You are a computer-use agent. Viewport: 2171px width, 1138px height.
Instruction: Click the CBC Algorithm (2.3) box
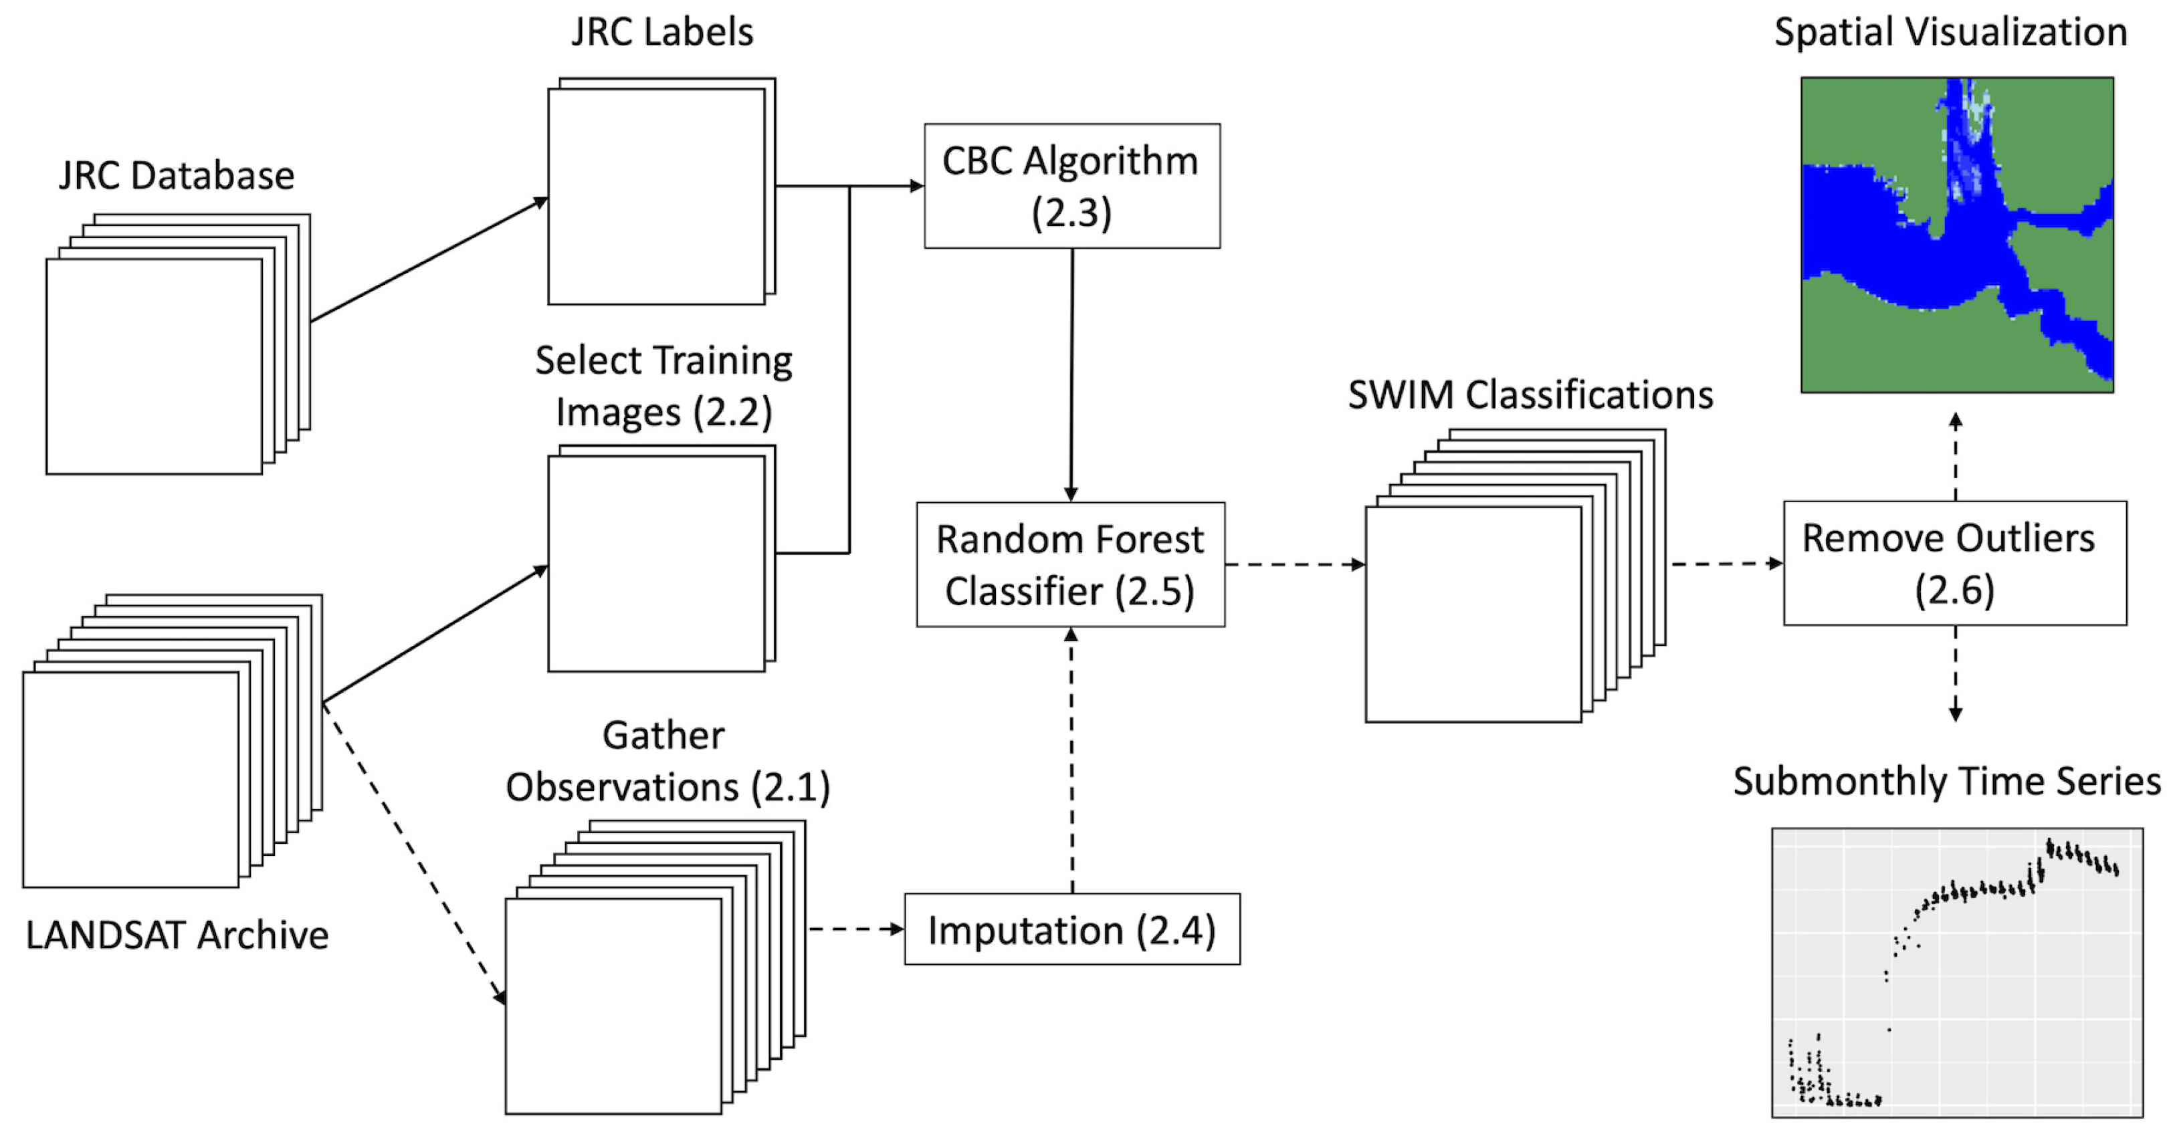tap(1071, 186)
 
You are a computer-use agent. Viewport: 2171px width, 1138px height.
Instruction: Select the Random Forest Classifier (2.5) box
tap(1070, 564)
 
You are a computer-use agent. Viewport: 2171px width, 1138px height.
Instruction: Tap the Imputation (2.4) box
tap(1071, 929)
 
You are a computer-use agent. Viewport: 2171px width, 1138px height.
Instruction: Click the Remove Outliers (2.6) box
tap(1954, 563)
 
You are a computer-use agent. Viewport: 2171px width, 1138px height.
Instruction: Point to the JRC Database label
tap(176, 176)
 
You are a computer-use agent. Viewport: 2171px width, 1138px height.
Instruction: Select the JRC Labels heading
tap(661, 32)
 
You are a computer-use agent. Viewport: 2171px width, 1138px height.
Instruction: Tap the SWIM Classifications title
tap(1530, 394)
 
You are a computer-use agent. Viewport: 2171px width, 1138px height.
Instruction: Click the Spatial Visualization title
tap(1950, 32)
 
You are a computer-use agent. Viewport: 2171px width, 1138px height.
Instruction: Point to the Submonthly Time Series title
tap(1947, 781)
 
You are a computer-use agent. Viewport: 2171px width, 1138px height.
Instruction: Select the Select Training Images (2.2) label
tap(663, 386)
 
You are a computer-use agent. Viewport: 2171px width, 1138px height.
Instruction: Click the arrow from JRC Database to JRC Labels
tap(430, 259)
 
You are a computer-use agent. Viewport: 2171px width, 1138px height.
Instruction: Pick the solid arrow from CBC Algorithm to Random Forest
tap(1071, 375)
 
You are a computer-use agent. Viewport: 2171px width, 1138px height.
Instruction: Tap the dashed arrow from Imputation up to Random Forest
tap(1071, 758)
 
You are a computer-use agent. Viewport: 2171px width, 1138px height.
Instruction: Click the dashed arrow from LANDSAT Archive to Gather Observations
tap(413, 850)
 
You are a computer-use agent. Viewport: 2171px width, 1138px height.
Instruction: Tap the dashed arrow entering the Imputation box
tap(855, 929)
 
